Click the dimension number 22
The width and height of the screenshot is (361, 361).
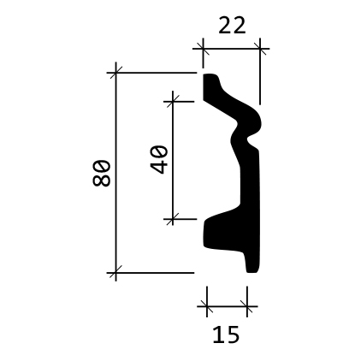click(232, 26)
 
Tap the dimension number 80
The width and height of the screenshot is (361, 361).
click(101, 173)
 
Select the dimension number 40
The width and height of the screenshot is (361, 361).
click(159, 159)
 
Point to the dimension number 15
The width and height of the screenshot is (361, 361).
click(225, 334)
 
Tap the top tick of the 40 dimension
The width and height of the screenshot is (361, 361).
click(174, 100)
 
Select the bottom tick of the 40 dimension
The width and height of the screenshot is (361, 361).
click(174, 220)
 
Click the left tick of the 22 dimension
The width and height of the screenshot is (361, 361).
click(204, 50)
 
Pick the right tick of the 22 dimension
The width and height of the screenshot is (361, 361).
click(261, 50)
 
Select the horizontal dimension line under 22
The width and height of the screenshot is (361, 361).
click(232, 50)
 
